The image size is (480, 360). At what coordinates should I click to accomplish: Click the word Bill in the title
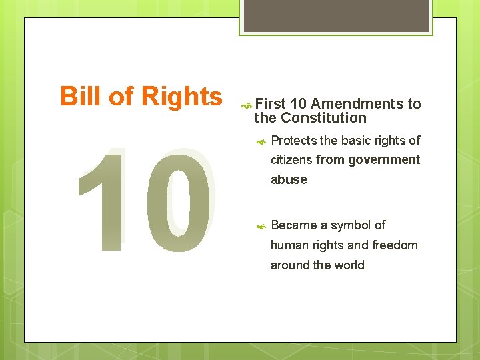(x=77, y=97)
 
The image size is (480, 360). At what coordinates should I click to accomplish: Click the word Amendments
(x=357, y=103)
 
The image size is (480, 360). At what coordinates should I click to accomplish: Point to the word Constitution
(x=323, y=118)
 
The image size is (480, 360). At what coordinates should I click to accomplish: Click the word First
(x=270, y=103)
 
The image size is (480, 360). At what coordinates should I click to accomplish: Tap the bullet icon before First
(x=245, y=104)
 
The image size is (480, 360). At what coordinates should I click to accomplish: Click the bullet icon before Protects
(x=262, y=141)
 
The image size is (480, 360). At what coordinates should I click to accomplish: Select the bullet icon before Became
(x=262, y=225)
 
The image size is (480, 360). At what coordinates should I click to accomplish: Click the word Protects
(x=294, y=140)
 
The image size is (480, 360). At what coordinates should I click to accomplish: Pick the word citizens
(x=291, y=160)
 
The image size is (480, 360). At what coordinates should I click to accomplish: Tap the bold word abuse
(x=289, y=180)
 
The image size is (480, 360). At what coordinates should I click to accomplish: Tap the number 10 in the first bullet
(x=299, y=103)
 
